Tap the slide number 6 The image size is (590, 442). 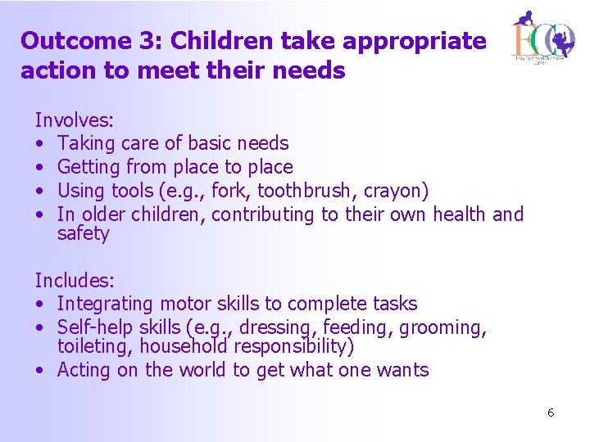tap(551, 413)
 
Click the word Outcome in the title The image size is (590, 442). tap(75, 41)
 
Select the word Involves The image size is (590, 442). tap(74, 120)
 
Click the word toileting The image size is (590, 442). tap(95, 346)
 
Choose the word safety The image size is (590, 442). tap(83, 234)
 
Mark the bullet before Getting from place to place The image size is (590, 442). tap(40, 168)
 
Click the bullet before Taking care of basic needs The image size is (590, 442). tap(40, 144)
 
